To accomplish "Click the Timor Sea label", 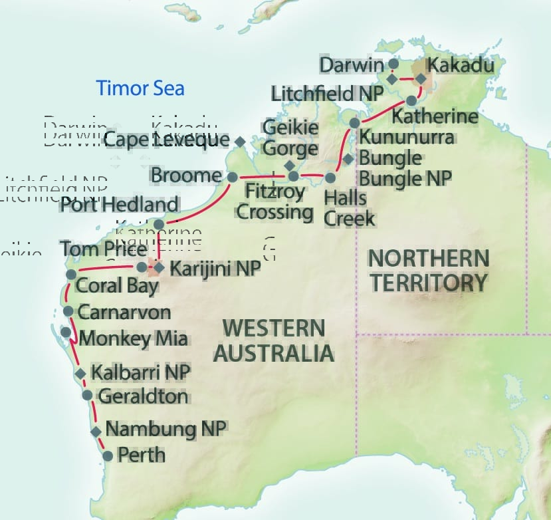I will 140,88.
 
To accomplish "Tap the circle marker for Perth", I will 108,456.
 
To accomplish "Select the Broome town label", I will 185,176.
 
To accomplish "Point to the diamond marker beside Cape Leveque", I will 240,142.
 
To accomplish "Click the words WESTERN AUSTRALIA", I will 273,340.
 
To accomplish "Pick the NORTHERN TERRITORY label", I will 429,269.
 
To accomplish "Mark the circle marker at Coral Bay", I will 71,275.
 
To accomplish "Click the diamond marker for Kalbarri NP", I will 80,374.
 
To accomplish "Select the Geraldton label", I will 142,397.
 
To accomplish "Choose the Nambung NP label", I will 166,428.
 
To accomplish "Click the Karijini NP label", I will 214,269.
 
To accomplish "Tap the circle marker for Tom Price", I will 142,267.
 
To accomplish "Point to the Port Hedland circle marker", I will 159,224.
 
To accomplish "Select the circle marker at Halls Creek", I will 330,178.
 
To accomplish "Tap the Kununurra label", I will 407,138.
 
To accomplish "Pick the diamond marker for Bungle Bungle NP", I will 348,159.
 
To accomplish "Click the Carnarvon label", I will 124,312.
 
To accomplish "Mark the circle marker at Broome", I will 232,177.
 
